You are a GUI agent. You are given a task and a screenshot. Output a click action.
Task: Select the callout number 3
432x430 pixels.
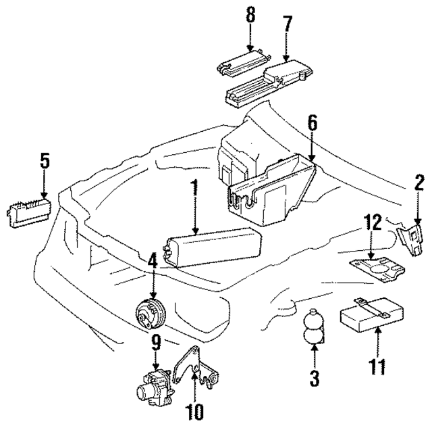click(x=313, y=378)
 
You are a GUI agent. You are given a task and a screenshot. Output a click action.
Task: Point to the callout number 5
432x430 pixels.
click(x=44, y=161)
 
